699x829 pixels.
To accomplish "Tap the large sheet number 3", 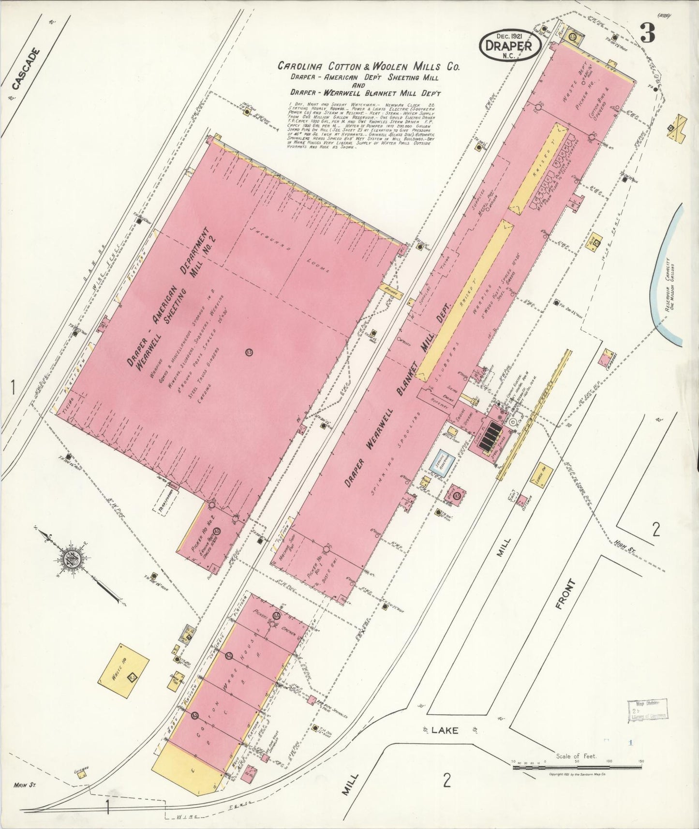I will pyautogui.click(x=647, y=33).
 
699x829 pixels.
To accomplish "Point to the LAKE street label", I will pyautogui.click(x=445, y=730).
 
